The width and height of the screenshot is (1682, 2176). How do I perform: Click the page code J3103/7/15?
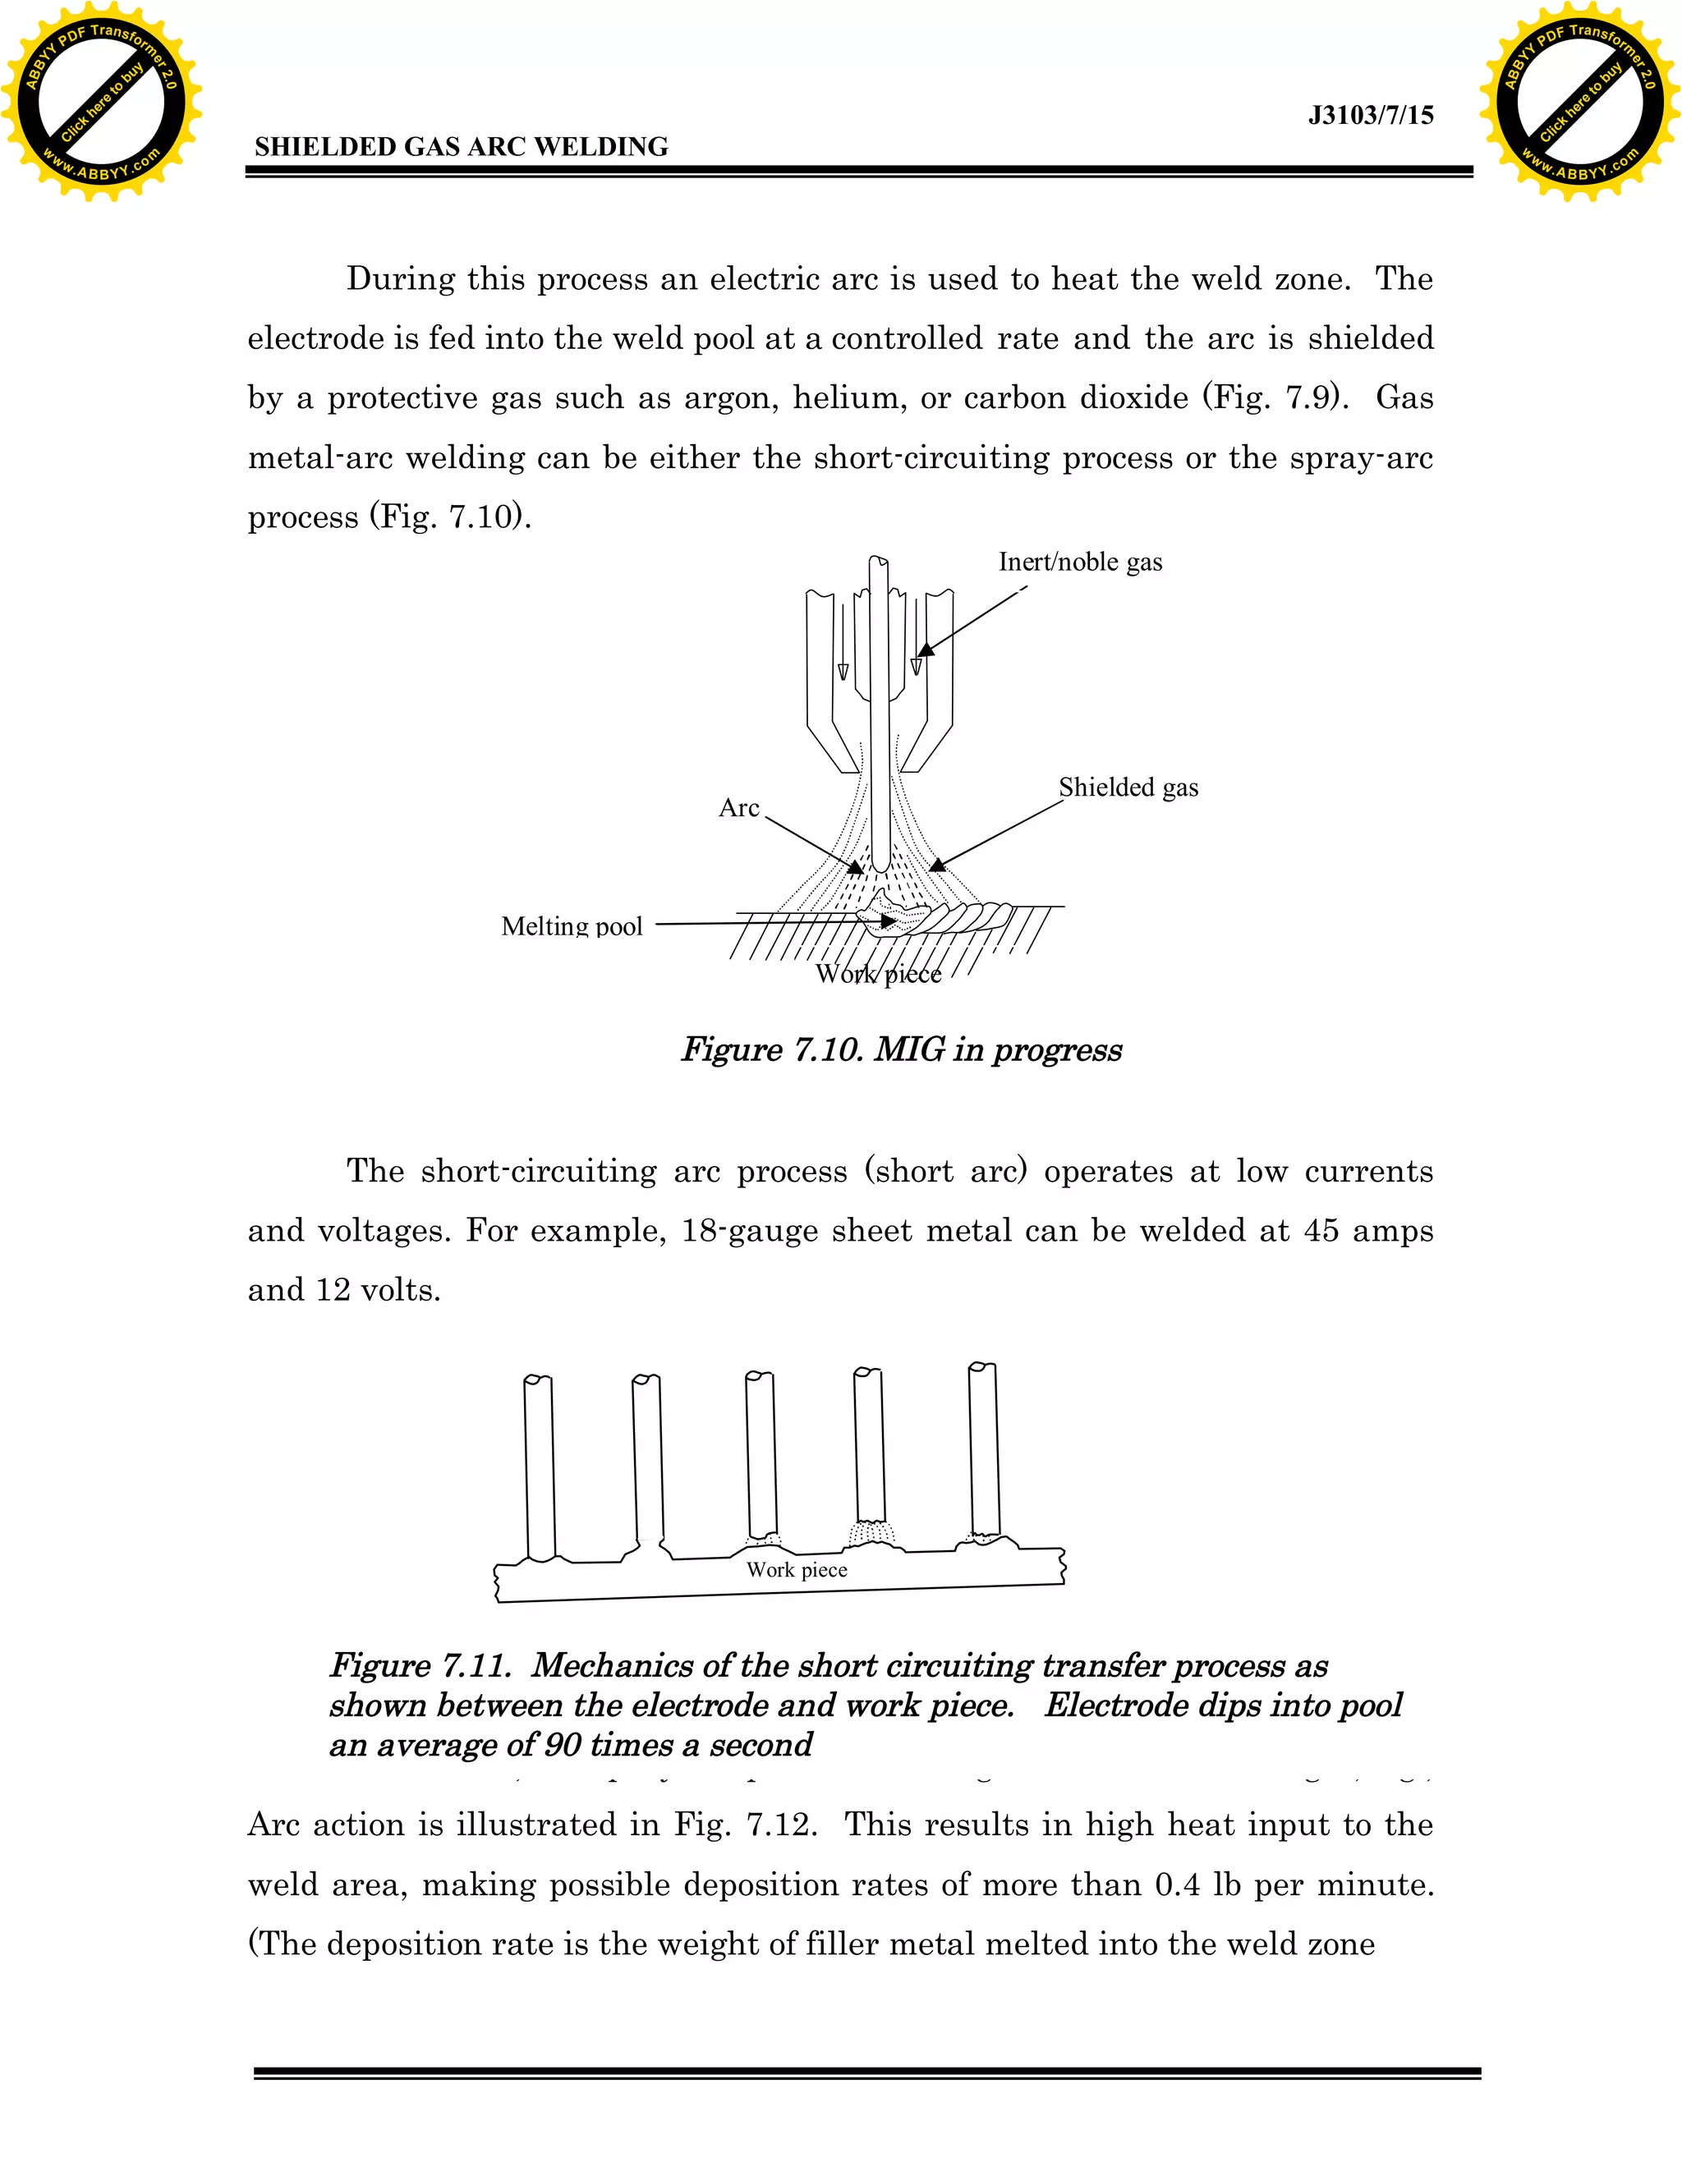pyautogui.click(x=1370, y=116)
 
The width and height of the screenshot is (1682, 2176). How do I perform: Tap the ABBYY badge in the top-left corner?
pyautogui.click(x=101, y=102)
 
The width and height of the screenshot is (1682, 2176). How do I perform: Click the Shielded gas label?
pyautogui.click(x=1128, y=787)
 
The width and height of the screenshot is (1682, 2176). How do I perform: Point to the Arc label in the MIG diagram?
pyautogui.click(x=738, y=807)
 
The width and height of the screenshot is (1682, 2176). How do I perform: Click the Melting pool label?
pyautogui.click(x=572, y=925)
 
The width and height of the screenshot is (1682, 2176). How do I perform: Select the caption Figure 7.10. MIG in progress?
pyautogui.click(x=901, y=1049)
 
